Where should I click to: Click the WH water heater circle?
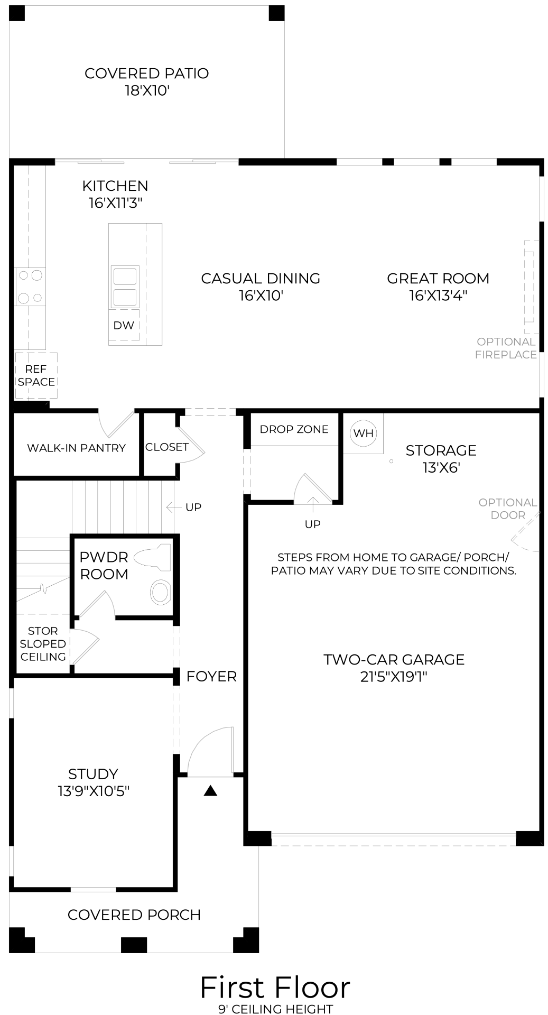363,433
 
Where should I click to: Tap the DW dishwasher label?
124,326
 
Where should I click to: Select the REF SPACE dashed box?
36,375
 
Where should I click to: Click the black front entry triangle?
211,791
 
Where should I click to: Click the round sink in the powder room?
160,592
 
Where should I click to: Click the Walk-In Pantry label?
77,448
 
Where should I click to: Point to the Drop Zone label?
294,429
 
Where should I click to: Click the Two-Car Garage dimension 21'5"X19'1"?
394,677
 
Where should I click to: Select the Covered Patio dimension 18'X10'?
147,91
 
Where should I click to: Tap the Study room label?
93,774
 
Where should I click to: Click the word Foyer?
211,676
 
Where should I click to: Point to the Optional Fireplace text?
506,348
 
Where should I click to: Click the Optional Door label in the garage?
508,509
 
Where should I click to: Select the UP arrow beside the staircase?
173,508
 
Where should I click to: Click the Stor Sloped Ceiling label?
43,644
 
